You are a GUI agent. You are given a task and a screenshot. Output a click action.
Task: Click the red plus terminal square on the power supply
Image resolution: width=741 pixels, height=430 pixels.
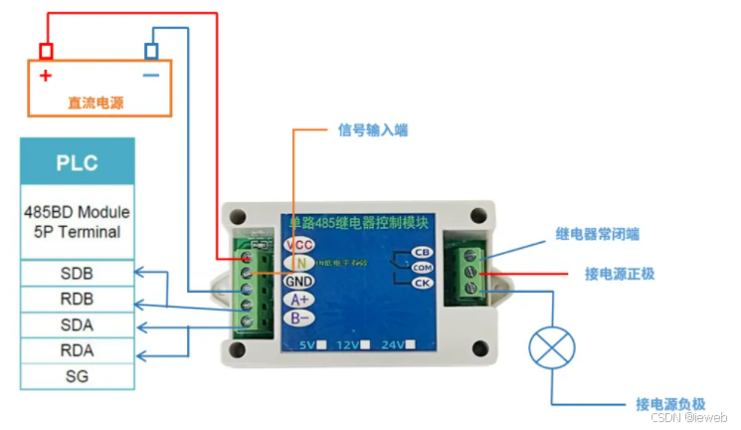click(46, 51)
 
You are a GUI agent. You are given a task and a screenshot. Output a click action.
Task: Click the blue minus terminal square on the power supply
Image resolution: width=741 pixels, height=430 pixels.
click(151, 51)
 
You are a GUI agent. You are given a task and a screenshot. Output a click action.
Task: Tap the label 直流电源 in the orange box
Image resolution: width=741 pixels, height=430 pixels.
click(96, 103)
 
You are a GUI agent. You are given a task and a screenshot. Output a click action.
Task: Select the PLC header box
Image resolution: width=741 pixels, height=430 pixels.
click(77, 163)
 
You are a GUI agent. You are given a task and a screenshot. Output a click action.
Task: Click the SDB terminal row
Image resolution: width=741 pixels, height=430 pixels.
click(77, 273)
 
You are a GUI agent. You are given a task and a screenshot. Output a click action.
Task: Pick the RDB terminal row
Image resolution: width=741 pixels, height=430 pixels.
click(77, 299)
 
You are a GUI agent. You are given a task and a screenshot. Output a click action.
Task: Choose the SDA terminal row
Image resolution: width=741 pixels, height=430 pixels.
click(77, 324)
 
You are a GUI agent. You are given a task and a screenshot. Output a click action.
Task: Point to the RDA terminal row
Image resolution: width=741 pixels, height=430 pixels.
click(77, 350)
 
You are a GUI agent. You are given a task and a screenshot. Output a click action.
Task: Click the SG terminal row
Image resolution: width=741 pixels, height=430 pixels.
click(77, 376)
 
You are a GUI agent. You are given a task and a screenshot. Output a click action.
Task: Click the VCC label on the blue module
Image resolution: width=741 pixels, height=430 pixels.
click(299, 245)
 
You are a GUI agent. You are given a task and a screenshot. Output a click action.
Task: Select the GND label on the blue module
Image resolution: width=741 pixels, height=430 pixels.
click(299, 281)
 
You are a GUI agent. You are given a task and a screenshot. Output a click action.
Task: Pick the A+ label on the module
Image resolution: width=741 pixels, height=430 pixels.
click(300, 300)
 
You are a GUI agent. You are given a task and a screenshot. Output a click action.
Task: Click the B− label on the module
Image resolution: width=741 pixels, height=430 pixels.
click(300, 319)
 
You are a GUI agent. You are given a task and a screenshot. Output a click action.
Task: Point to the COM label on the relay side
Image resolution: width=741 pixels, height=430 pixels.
click(422, 268)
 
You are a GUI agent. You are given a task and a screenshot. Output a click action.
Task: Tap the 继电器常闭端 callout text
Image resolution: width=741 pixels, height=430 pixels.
click(598, 235)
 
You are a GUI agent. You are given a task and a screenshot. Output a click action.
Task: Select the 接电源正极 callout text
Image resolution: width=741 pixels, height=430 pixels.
click(619, 273)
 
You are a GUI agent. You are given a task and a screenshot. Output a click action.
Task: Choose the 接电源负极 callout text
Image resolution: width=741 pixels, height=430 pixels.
click(670, 404)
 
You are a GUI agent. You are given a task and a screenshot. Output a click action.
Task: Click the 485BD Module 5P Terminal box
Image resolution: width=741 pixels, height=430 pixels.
click(77, 222)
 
